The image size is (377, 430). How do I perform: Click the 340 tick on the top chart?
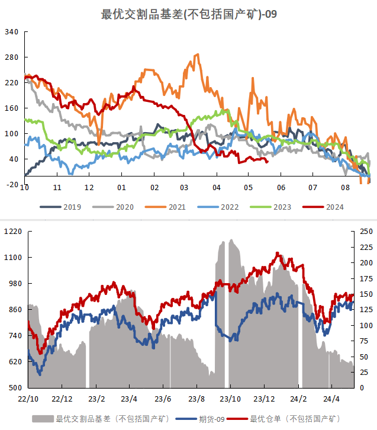point(12,32)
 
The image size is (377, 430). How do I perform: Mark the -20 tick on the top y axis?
point(12,185)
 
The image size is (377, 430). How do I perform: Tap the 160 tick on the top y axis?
point(12,108)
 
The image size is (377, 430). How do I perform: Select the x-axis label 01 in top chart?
point(121,188)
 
